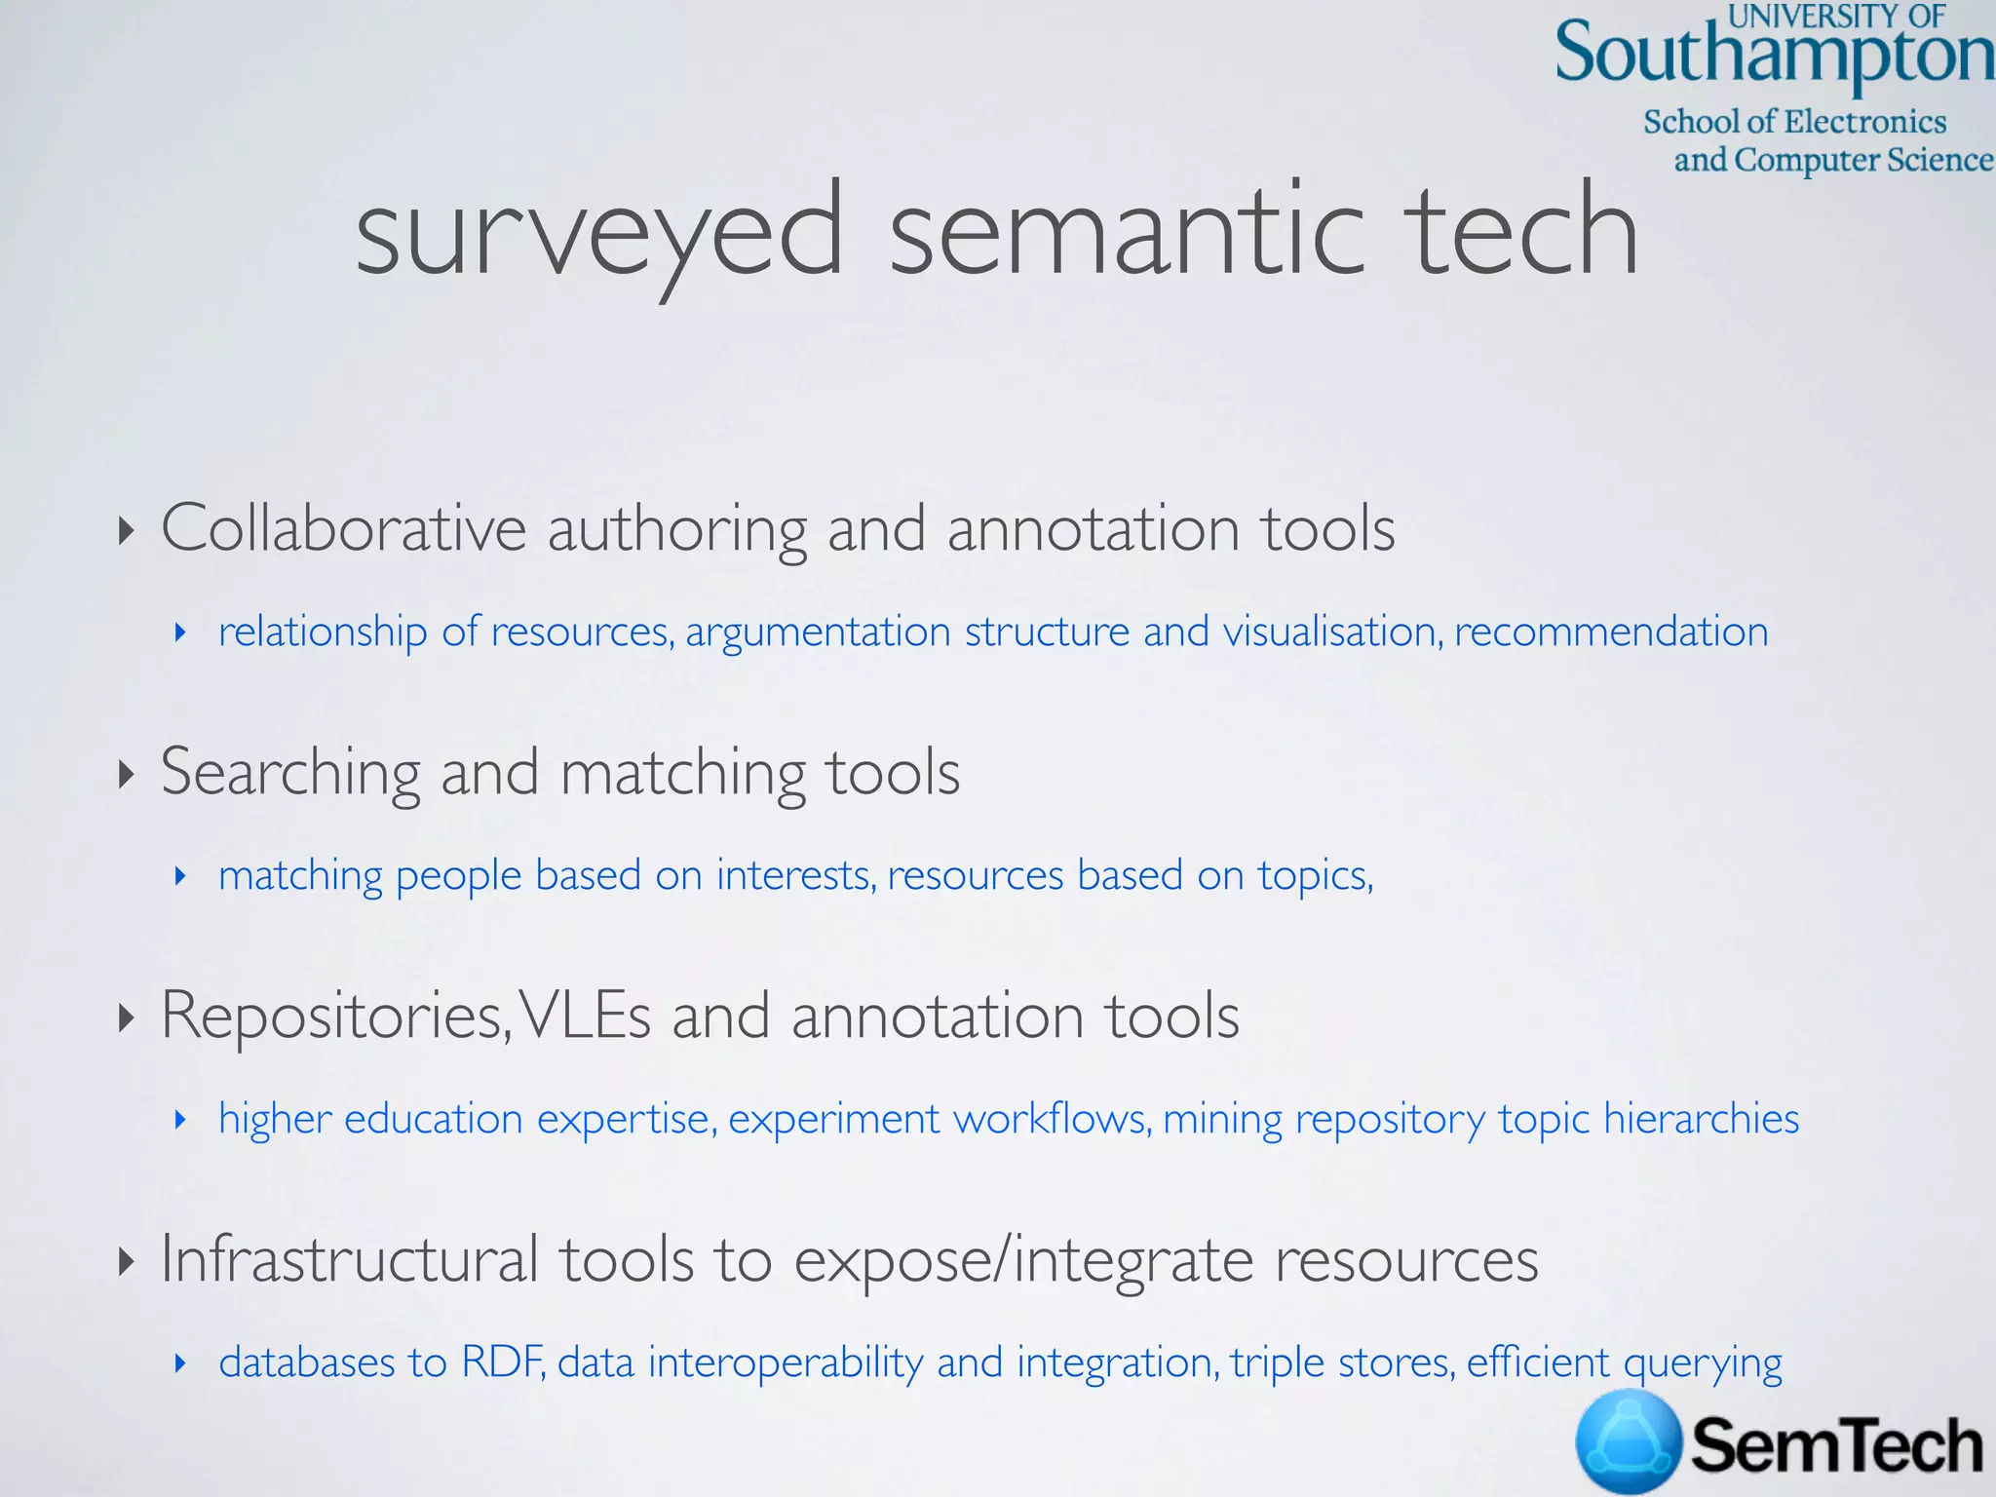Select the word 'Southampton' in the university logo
[1774, 55]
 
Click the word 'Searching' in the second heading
[290, 772]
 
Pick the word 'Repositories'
[334, 1016]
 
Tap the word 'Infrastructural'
[349, 1258]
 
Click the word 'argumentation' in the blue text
[818, 632]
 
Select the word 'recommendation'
[1611, 632]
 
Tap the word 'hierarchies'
[1701, 1119]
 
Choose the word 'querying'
[1703, 1363]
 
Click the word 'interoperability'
[785, 1363]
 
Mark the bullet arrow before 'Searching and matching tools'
[125, 775]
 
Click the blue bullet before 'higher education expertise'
[179, 1120]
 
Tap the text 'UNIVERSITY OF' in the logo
[1836, 16]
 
